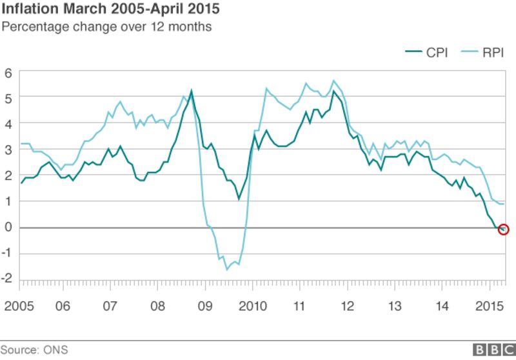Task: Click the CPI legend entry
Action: click(426, 52)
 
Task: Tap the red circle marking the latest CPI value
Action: click(504, 230)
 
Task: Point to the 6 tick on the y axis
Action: click(8, 72)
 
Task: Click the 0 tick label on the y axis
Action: click(8, 227)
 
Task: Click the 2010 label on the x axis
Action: click(252, 305)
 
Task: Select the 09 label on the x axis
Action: click(204, 305)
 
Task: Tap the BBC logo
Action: click(493, 349)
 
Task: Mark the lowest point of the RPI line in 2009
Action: click(227, 269)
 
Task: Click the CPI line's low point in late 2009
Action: click(239, 199)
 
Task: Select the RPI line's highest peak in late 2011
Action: click(333, 81)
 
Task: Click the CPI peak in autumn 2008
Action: click(191, 92)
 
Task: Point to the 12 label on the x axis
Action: click(347, 305)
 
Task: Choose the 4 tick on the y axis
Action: click(8, 123)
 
